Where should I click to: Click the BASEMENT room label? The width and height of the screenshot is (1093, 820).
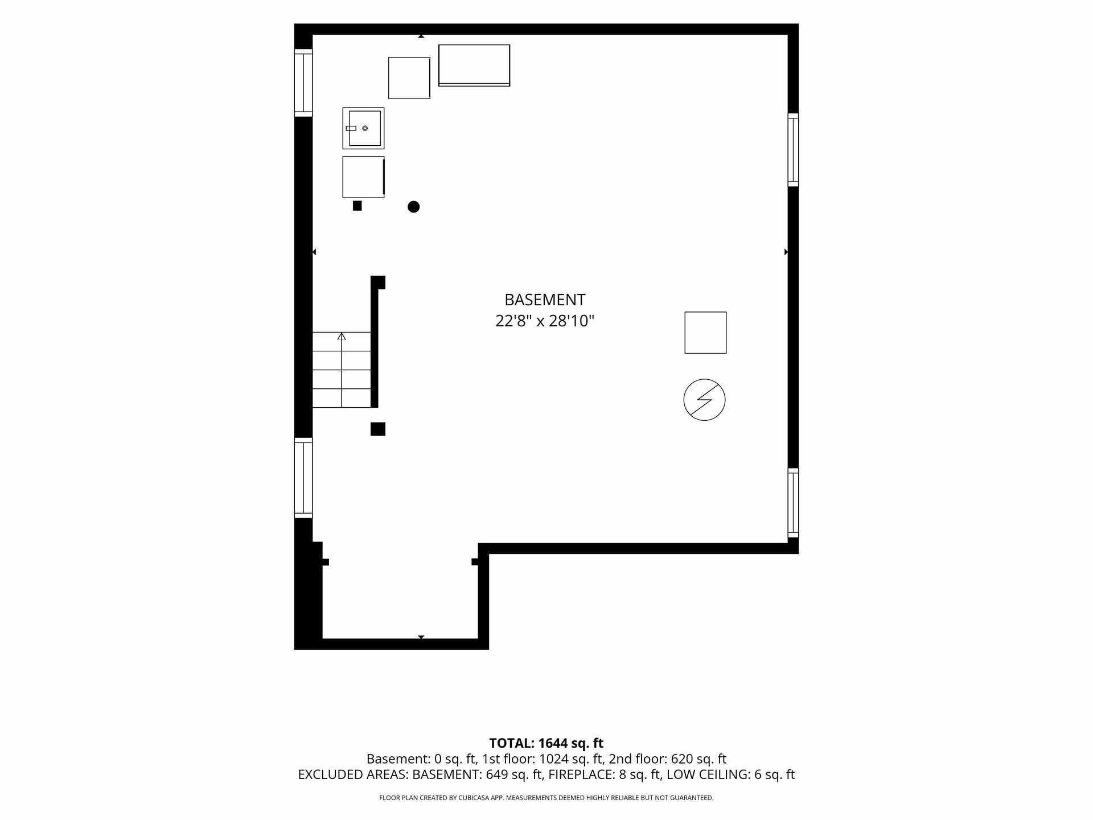pyautogui.click(x=545, y=300)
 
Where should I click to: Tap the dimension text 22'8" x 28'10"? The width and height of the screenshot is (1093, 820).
pyautogui.click(x=545, y=321)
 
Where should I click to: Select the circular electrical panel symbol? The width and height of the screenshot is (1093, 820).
pyautogui.click(x=704, y=400)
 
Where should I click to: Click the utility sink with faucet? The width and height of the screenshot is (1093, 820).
pyautogui.click(x=363, y=128)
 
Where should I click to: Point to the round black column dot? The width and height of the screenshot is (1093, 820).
pyautogui.click(x=414, y=207)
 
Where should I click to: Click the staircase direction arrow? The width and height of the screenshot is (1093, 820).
pyautogui.click(x=342, y=370)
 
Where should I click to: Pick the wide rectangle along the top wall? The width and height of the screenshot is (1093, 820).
pyautogui.click(x=474, y=65)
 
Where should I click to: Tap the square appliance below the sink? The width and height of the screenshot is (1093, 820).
pyautogui.click(x=363, y=177)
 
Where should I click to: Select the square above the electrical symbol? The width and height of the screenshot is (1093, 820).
pyautogui.click(x=705, y=333)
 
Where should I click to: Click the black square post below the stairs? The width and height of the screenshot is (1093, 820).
pyautogui.click(x=378, y=429)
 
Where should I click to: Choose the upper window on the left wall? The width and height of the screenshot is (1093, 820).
pyautogui.click(x=303, y=83)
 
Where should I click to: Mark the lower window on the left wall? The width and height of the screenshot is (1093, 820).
pyautogui.click(x=303, y=478)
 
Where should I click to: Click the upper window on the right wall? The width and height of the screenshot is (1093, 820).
pyautogui.click(x=793, y=150)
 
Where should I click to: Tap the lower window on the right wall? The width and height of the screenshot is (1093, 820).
pyautogui.click(x=793, y=503)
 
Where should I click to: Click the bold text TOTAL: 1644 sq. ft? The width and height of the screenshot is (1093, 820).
pyautogui.click(x=546, y=743)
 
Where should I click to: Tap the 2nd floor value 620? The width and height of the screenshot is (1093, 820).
pyautogui.click(x=683, y=759)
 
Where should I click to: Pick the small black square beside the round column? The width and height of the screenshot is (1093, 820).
pyautogui.click(x=358, y=206)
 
